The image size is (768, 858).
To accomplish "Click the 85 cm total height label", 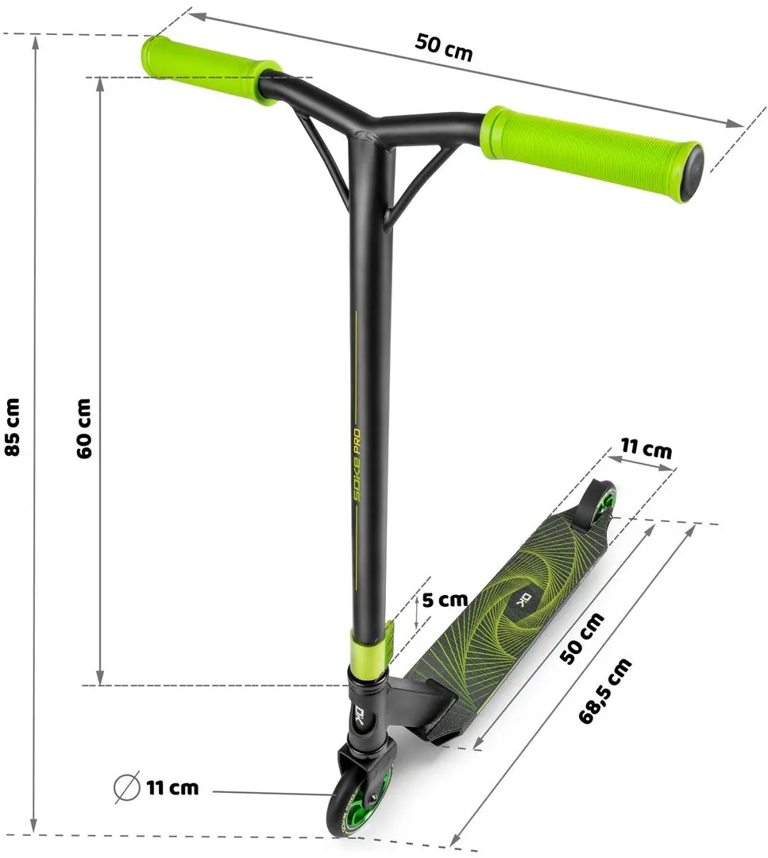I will (13, 426).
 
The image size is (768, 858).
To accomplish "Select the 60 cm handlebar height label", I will (85, 427).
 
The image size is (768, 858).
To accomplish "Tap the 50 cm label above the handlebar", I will (443, 47).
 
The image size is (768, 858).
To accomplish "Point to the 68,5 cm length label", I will (605, 691).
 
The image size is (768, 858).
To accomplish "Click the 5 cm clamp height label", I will (445, 600).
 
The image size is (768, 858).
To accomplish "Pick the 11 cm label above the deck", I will (646, 450).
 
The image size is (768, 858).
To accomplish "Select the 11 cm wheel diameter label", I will (172, 788).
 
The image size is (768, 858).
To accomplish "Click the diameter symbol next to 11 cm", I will (126, 788).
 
